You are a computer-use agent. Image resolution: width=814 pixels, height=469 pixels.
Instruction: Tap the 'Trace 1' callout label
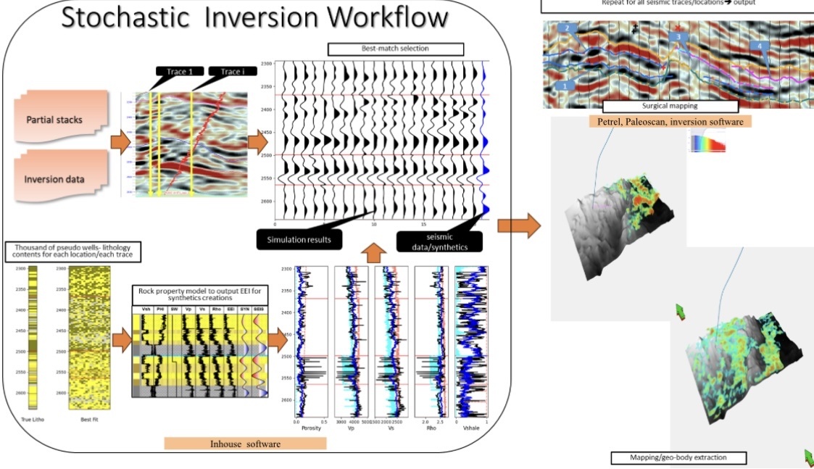175,72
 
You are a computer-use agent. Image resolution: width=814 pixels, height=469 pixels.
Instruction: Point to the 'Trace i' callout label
228,72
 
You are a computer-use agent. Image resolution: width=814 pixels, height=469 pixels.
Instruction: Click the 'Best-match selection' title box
395,50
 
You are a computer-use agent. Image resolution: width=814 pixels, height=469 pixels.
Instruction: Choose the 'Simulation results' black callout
299,238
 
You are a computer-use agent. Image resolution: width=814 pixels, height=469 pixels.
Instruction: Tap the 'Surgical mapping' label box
670,107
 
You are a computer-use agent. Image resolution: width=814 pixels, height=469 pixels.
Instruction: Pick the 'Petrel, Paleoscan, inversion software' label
670,122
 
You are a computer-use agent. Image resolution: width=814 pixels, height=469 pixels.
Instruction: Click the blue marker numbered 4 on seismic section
759,46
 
